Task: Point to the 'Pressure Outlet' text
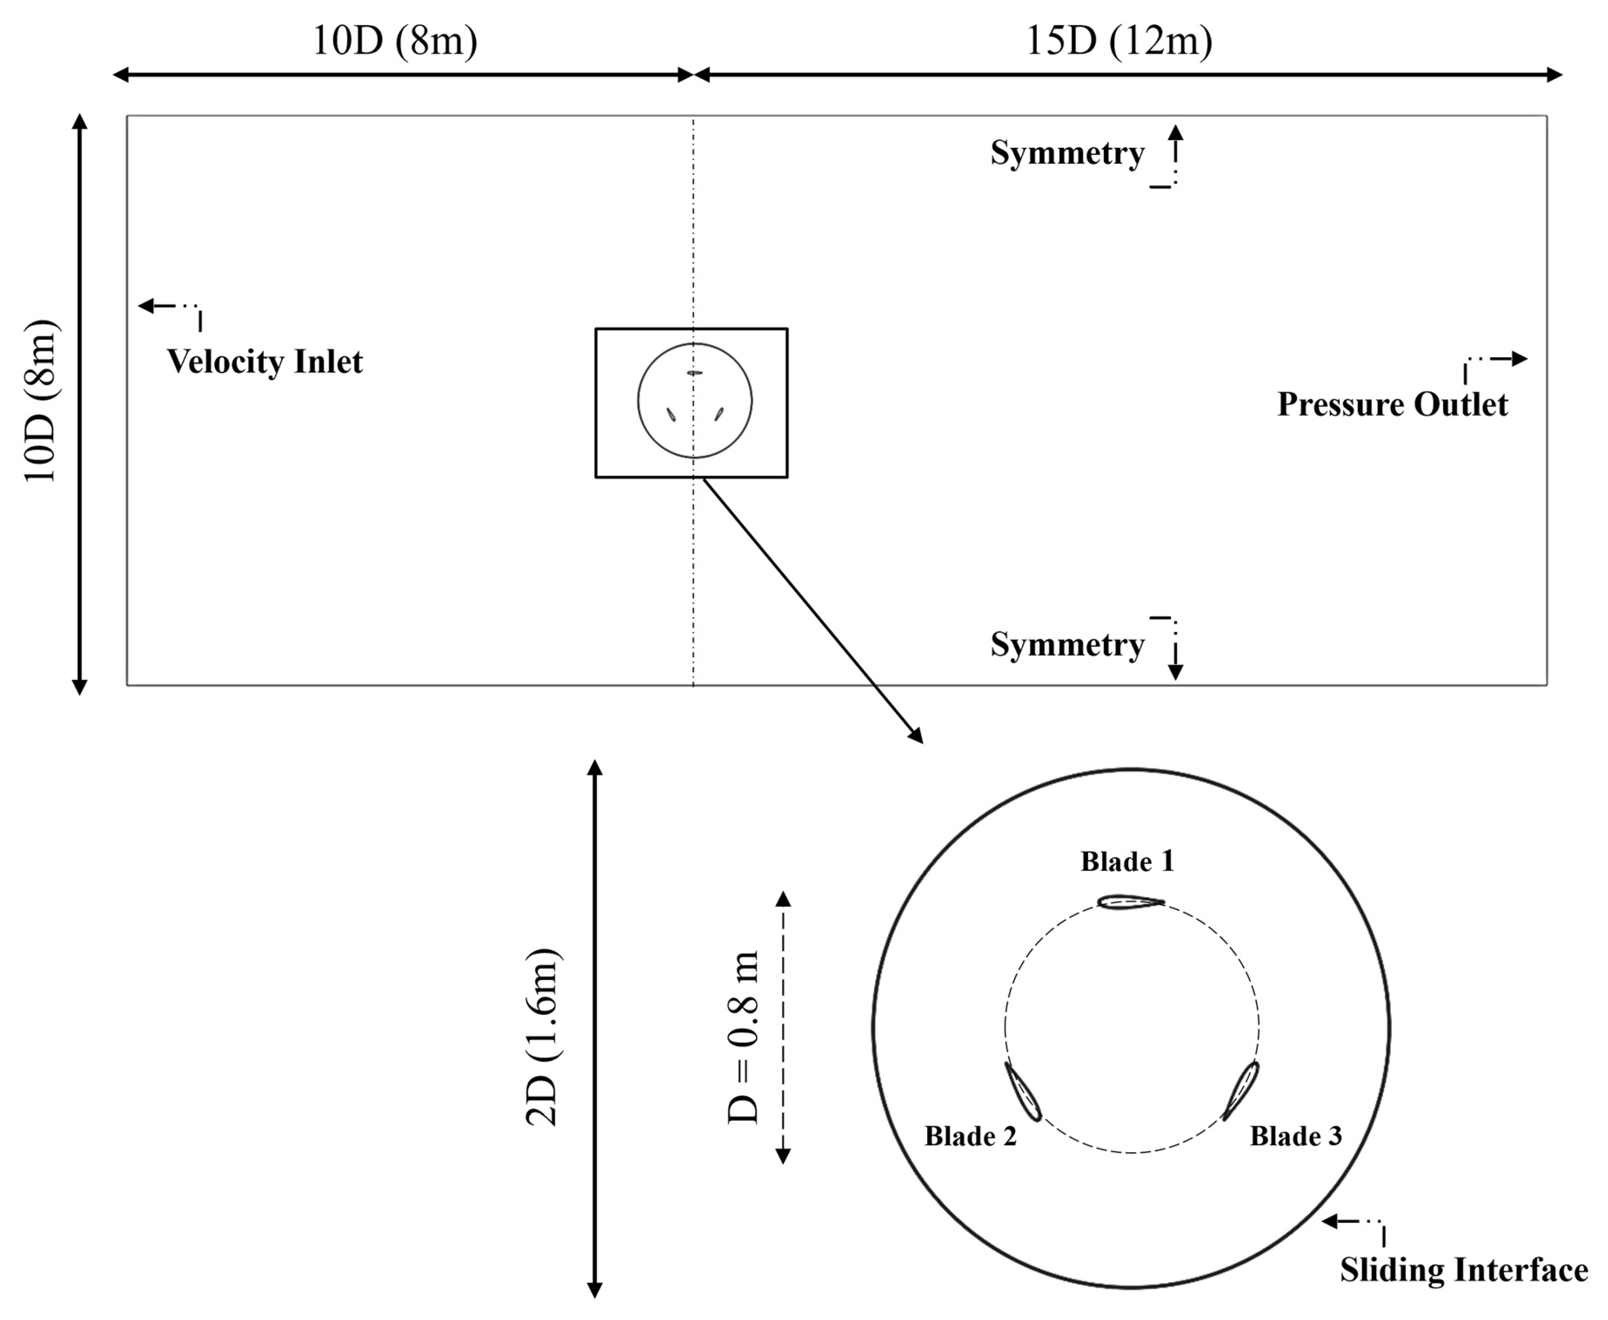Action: pyautogui.click(x=1392, y=404)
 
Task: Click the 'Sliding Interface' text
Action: pyautogui.click(x=1463, y=1270)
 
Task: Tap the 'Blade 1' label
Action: pyautogui.click(x=1127, y=862)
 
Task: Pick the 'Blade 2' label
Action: pyautogui.click(x=970, y=1136)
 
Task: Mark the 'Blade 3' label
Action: pyautogui.click(x=1296, y=1136)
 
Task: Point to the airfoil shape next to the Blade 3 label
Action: pyautogui.click(x=1241, y=1090)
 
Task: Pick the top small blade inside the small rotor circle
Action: pyautogui.click(x=694, y=373)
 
